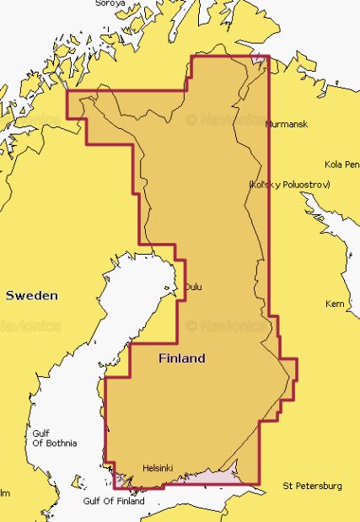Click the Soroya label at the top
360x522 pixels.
pyautogui.click(x=110, y=3)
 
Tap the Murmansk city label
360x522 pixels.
pyautogui.click(x=287, y=124)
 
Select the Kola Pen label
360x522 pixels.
pyautogui.click(x=341, y=164)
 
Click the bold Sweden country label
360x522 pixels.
pyautogui.click(x=32, y=296)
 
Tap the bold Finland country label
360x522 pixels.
pyautogui.click(x=181, y=358)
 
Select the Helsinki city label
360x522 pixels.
pyautogui.click(x=158, y=466)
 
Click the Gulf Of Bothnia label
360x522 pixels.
pyautogui.click(x=54, y=439)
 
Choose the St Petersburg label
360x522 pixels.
pyautogui.click(x=313, y=486)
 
